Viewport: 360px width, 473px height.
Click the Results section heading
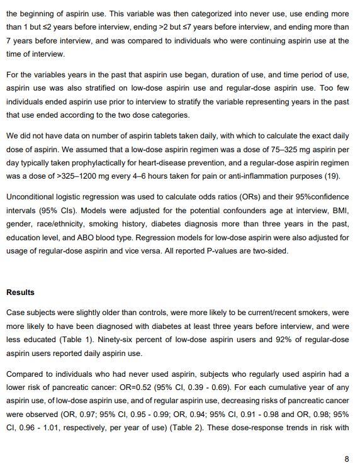20,292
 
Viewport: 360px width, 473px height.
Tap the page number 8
347,459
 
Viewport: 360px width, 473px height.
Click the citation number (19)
332,176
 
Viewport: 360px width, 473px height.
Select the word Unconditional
32,196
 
